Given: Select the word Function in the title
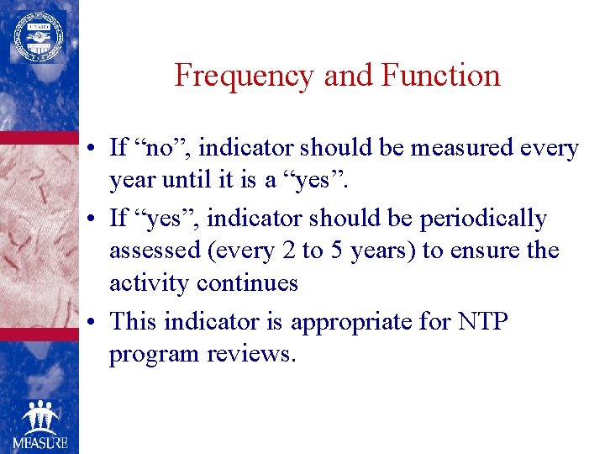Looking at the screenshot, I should pos(440,77).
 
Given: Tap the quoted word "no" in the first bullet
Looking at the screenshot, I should pos(167,149).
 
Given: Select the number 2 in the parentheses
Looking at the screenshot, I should pos(312,251).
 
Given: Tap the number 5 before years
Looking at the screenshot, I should pos(358,251).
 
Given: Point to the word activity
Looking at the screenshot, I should pos(150,283).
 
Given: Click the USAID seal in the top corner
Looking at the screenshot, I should pos(36,36).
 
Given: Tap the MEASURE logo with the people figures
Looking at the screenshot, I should pos(39,425).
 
